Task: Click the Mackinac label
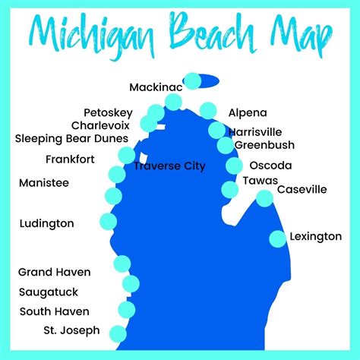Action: tap(155, 87)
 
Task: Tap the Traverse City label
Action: tap(169, 166)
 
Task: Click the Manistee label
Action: tap(43, 183)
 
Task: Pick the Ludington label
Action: tap(46, 223)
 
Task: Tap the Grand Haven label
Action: tap(54, 272)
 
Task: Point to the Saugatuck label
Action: tap(49, 292)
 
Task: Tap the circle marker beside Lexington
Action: tap(278, 238)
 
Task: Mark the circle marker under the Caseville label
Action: tap(264, 199)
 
